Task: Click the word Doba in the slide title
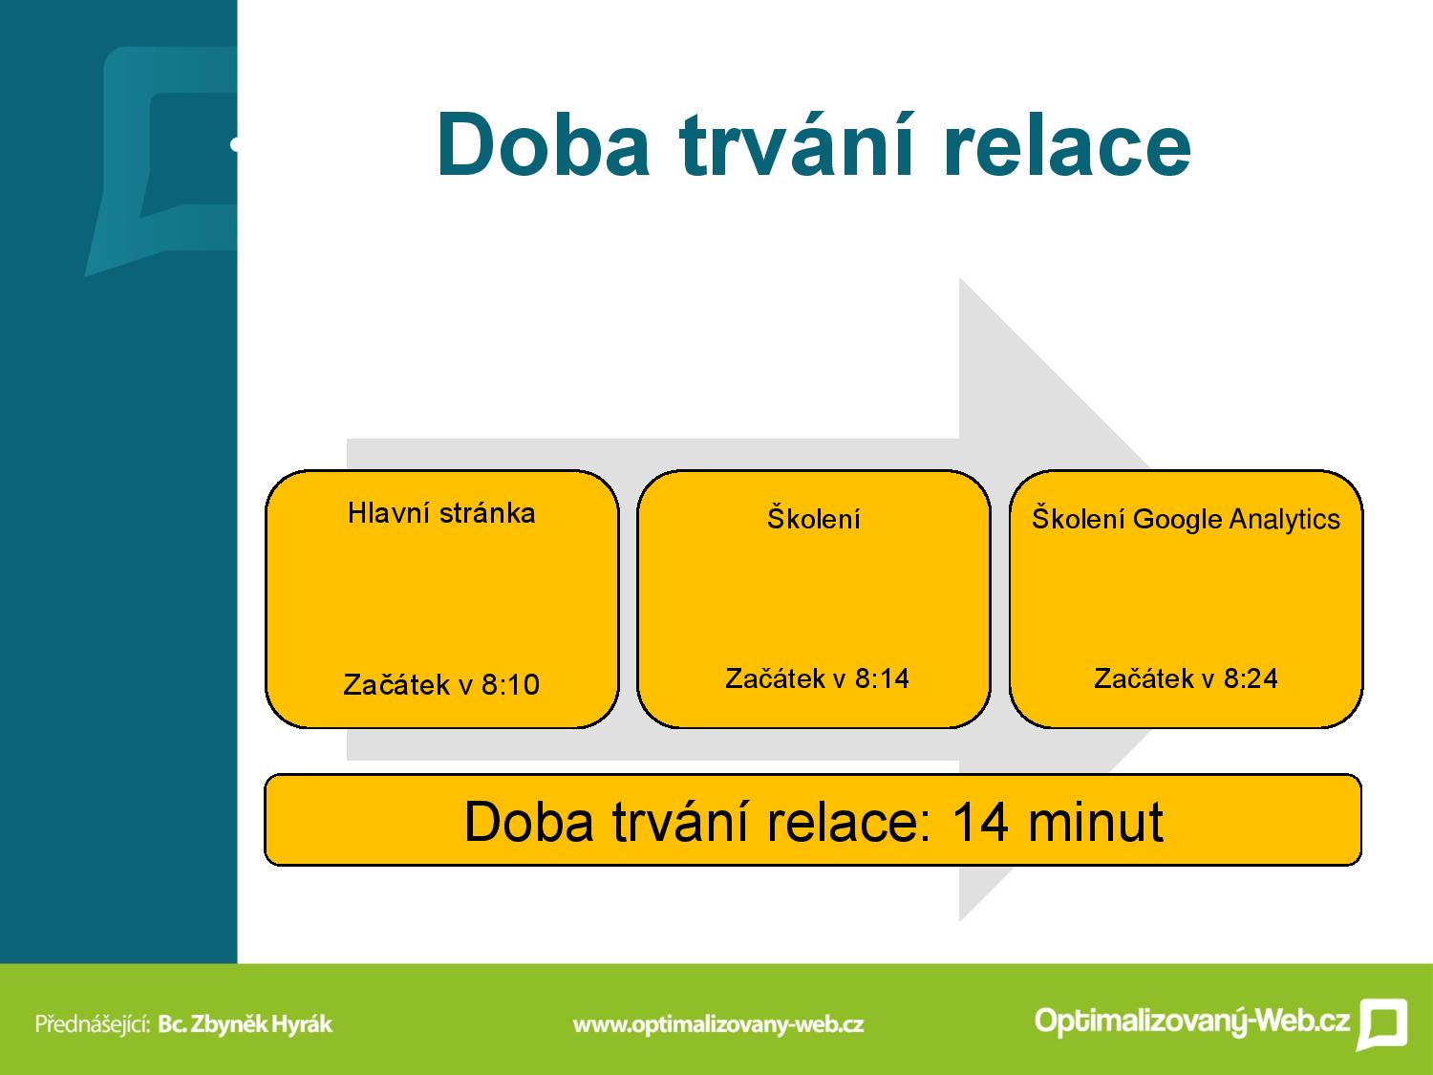pos(544,144)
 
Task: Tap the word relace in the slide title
pos(1068,144)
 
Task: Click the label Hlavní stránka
pos(441,513)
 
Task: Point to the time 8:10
pos(510,685)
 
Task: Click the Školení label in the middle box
pos(813,518)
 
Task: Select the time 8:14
pos(882,678)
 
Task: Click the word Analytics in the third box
pos(1284,520)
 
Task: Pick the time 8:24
pos(1251,678)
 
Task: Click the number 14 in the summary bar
pos(980,822)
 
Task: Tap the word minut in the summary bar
pos(1096,822)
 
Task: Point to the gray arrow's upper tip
pos(960,279)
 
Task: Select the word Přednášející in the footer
pos(93,1024)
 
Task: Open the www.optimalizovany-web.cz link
pos(718,1024)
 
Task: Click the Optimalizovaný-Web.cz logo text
pos(1191,1021)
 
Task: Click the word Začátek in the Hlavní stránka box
pos(396,685)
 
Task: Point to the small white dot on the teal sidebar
pos(234,145)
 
